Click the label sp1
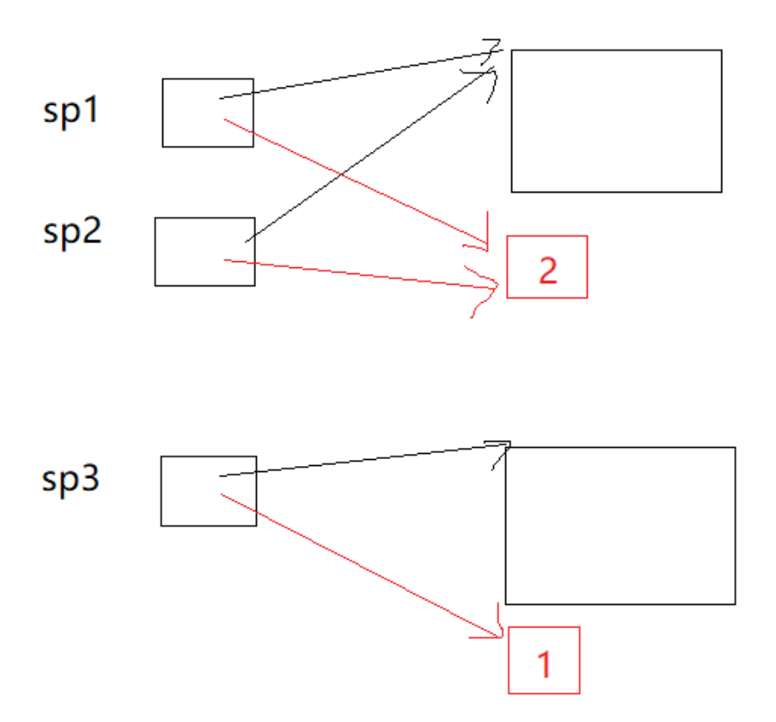click(72, 111)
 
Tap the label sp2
click(72, 232)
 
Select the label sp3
click(72, 479)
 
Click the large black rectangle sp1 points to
click(616, 121)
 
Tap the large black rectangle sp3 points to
click(620, 525)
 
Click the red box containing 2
click(547, 266)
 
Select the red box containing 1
click(543, 659)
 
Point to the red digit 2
click(547, 271)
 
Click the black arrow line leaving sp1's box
click(356, 75)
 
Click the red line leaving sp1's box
click(356, 181)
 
